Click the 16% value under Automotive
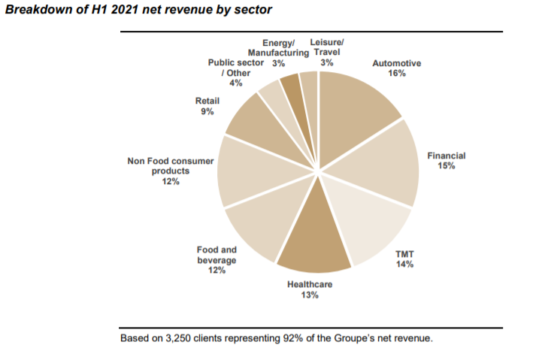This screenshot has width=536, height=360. [396, 74]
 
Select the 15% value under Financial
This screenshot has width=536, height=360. [447, 165]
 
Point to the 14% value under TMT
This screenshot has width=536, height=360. [406, 265]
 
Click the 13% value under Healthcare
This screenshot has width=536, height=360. [310, 295]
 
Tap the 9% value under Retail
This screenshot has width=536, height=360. [207, 111]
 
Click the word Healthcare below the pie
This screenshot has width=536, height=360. [310, 285]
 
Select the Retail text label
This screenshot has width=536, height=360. [207, 101]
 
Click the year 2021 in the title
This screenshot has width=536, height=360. [109, 10]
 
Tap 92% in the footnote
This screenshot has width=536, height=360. [293, 338]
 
